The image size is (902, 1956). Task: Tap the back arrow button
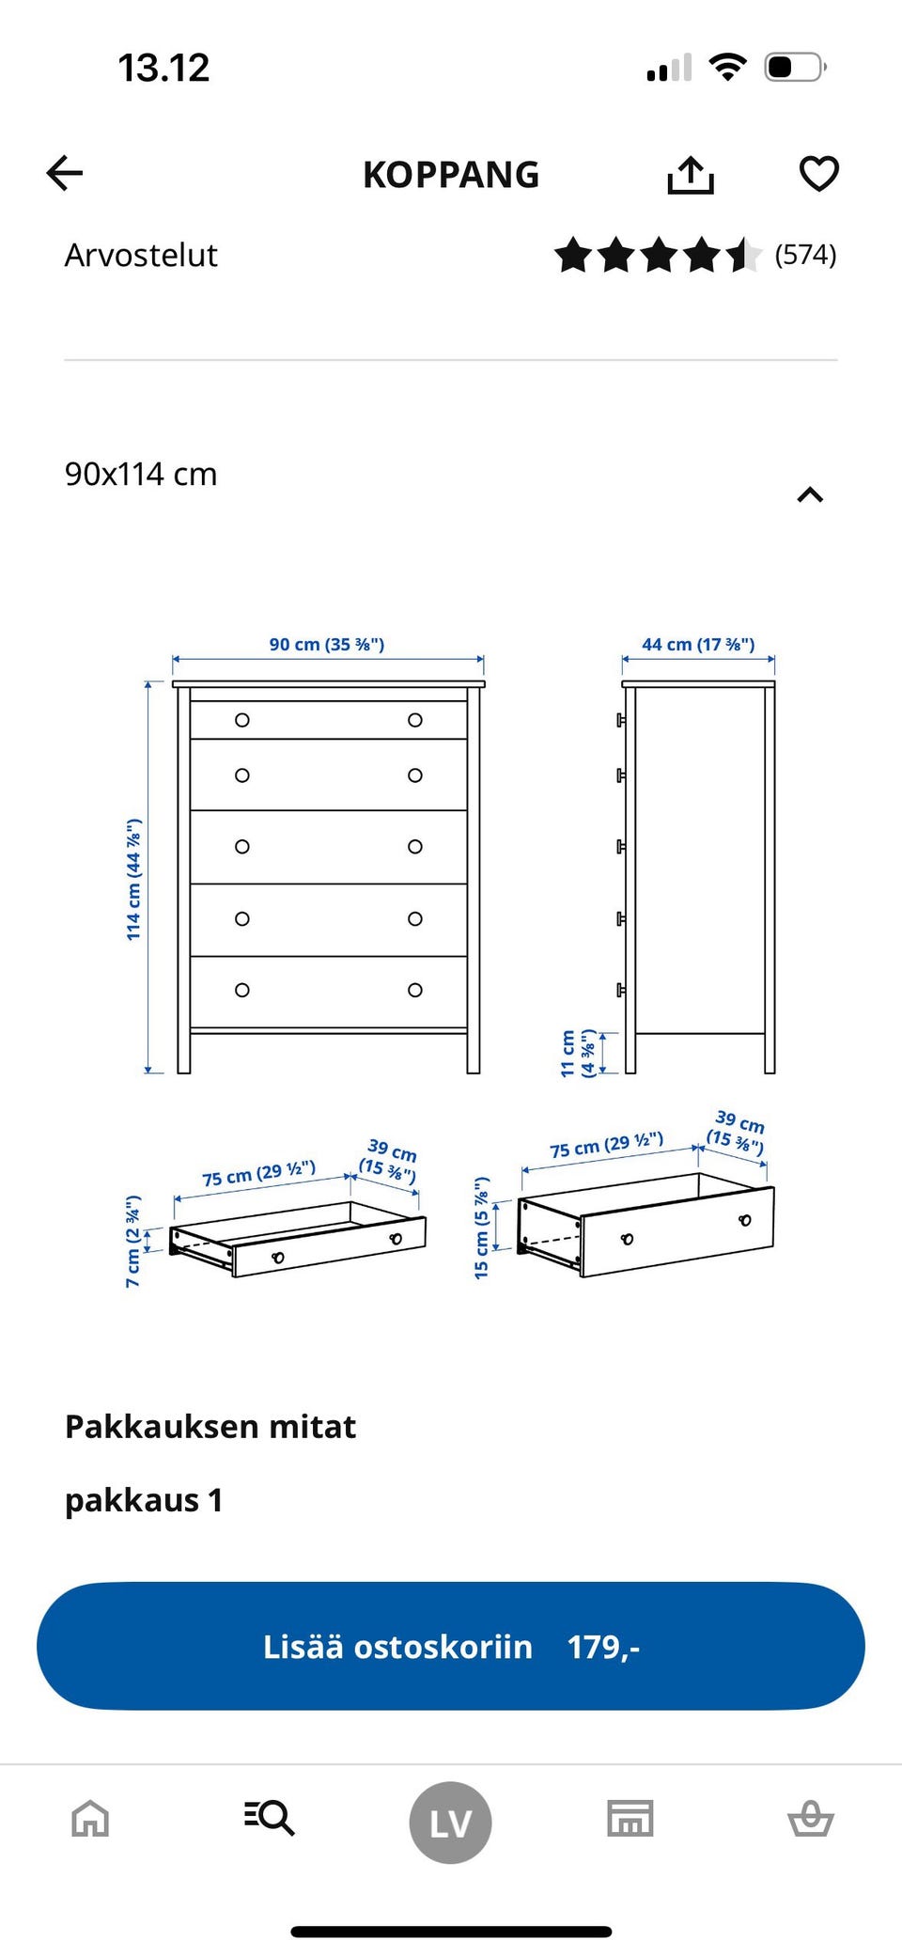coord(65,173)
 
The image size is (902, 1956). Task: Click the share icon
coord(691,175)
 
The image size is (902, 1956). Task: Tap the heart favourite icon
coord(818,174)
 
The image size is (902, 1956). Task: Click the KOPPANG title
coord(451,175)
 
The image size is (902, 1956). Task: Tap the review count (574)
coord(805,255)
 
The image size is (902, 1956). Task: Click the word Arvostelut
coord(141,256)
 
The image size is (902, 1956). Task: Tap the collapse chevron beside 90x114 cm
coord(810,495)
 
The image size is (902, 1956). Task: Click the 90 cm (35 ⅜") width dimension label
coord(327,645)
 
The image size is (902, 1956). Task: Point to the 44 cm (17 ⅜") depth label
coord(698,645)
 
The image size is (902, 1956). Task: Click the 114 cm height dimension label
coord(134,879)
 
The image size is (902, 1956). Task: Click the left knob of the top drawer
coord(242,720)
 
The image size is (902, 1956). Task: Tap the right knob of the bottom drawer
coord(415,990)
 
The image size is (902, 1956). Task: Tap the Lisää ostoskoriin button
coord(451,1646)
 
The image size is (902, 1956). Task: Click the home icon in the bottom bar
coord(90,1818)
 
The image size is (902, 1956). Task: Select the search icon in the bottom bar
coord(270,1818)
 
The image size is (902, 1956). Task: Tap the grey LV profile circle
coord(450,1823)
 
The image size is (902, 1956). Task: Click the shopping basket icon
coord(810,1818)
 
